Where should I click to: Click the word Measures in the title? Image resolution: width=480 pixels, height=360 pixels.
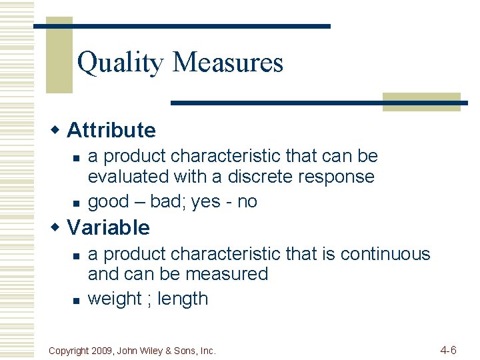tap(228, 63)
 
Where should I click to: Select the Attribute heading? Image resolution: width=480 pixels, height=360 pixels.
tap(111, 130)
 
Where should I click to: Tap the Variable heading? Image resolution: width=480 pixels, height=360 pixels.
tap(109, 227)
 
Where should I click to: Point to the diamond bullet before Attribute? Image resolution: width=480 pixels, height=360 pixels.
tap(57, 129)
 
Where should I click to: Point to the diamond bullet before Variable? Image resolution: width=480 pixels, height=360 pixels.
tap(57, 226)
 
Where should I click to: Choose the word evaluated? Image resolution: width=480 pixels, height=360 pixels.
tap(129, 177)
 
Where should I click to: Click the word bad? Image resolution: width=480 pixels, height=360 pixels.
tap(167, 202)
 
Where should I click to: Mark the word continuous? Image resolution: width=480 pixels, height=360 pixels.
tap(385, 254)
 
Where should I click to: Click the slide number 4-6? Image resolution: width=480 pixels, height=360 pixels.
tap(448, 349)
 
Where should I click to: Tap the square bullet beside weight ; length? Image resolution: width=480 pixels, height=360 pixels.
tap(76, 301)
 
